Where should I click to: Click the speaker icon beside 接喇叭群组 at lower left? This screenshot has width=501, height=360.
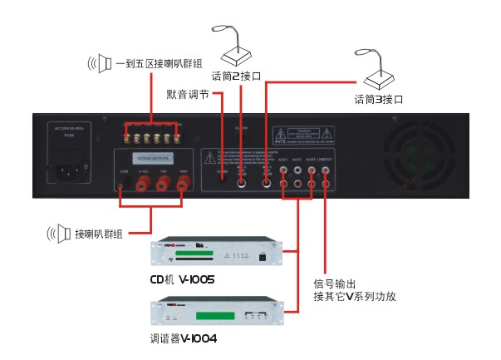(57, 234)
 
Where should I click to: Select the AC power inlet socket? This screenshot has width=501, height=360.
(71, 172)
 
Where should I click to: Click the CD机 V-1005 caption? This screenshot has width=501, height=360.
(183, 279)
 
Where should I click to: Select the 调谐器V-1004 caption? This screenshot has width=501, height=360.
(183, 338)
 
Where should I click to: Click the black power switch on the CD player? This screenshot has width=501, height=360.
(264, 257)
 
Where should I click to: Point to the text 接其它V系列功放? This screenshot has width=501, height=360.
(354, 296)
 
